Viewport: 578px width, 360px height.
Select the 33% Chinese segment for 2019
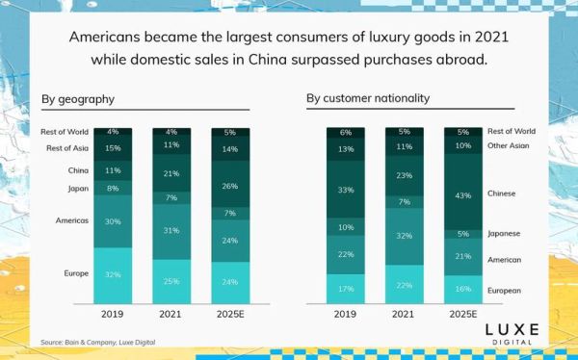coord(346,190)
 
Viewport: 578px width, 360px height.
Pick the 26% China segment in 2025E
coord(230,185)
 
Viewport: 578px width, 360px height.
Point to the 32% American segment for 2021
coord(405,235)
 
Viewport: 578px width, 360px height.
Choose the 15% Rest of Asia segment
coord(113,148)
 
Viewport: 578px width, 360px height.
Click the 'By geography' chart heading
coord(78,98)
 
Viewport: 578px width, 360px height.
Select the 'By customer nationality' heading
coord(368,98)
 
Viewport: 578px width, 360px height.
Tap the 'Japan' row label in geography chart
coord(78,189)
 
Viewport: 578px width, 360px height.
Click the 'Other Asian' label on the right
coord(510,146)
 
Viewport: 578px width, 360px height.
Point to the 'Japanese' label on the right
coord(506,234)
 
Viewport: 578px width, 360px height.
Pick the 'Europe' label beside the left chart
coord(76,273)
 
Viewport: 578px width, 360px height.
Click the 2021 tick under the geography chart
coord(171,313)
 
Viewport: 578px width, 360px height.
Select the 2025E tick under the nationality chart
coord(463,313)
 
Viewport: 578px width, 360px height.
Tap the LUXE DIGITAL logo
coord(512,333)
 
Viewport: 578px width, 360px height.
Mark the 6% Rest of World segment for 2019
coord(346,133)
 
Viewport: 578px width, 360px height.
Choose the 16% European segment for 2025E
coord(463,288)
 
